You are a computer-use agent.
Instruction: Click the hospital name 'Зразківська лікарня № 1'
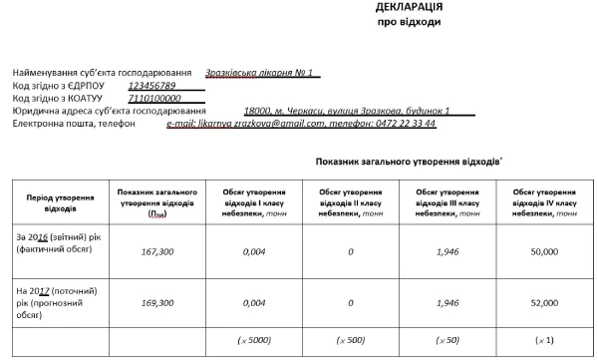coord(258,73)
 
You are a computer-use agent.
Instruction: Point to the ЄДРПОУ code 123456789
coord(158,86)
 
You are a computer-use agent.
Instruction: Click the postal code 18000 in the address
coord(257,111)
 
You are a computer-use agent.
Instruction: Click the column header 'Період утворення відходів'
coord(55,202)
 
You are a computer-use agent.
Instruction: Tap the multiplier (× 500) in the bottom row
coord(350,341)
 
